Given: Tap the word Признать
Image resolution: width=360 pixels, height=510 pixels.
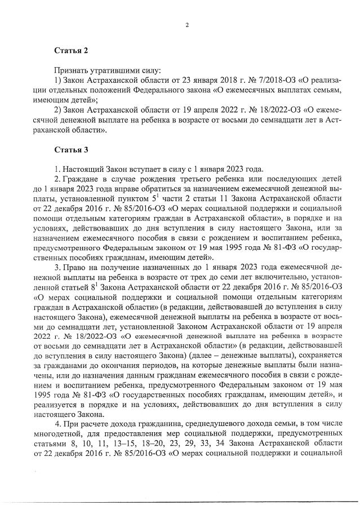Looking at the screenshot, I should tap(70, 71).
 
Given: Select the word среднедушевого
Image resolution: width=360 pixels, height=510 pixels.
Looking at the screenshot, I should tap(207, 423).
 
